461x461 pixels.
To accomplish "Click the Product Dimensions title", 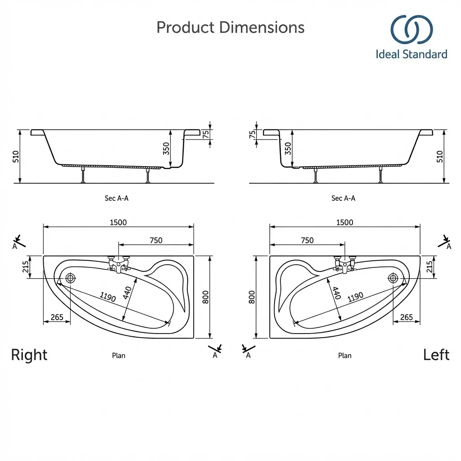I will [230, 27].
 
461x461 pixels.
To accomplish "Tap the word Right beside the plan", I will [29, 355].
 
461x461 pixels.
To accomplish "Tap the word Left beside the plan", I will [436, 355].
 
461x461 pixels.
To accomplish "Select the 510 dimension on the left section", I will [16, 157].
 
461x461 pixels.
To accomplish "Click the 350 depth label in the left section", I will [167, 149].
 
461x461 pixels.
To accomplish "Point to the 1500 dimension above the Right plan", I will [118, 222].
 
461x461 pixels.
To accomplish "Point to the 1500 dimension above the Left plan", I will [344, 222].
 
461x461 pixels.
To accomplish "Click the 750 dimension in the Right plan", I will [156, 240].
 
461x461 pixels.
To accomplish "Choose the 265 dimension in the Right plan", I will [57, 317].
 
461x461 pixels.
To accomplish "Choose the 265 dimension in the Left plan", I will [406, 317].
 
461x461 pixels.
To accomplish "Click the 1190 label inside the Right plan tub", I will [108, 297].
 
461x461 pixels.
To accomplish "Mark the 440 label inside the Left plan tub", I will [336, 294].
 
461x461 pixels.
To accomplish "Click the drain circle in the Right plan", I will [70, 278].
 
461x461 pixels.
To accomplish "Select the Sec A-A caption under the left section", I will [117, 198].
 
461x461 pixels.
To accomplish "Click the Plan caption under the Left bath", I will [344, 356].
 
